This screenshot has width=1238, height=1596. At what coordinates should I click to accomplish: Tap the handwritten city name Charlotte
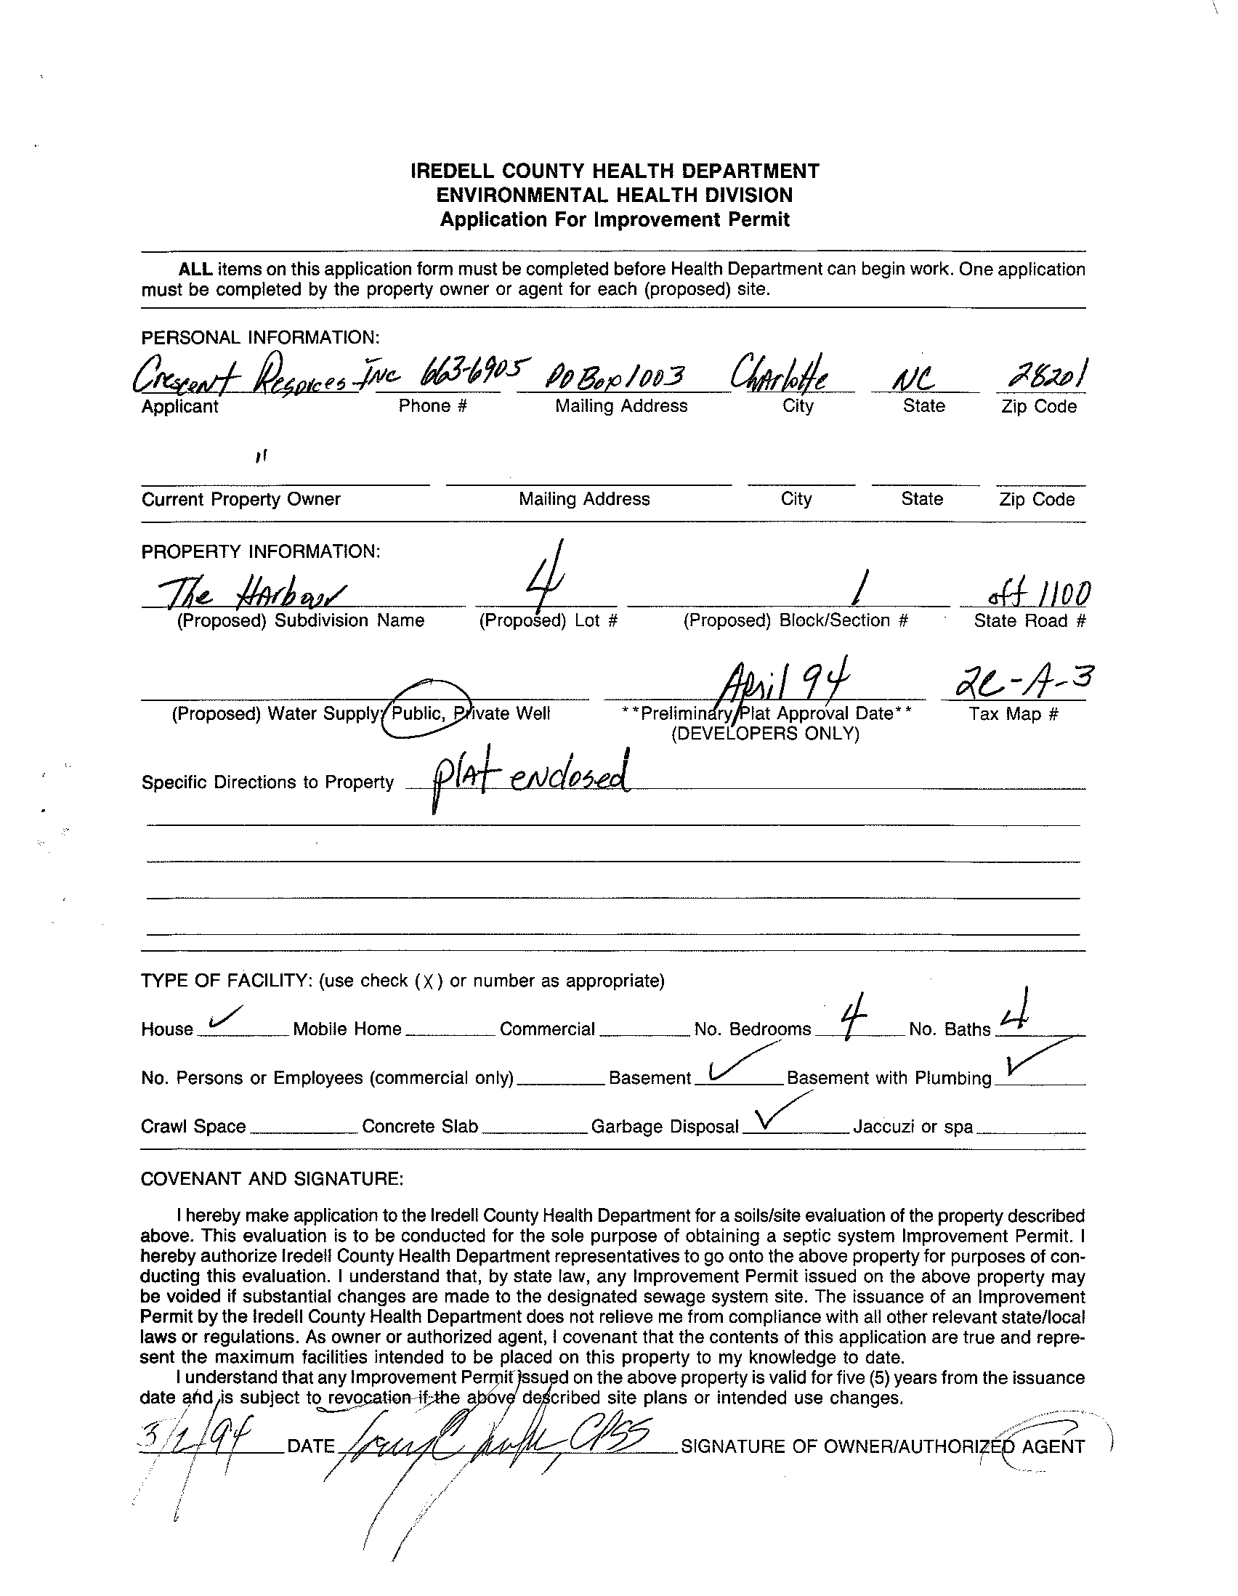[x=782, y=376]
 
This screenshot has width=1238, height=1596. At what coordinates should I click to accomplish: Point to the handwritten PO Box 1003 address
[x=616, y=377]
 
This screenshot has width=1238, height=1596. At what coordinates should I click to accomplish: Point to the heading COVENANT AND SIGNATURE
[x=271, y=1180]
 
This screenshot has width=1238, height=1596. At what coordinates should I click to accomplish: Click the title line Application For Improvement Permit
[x=615, y=220]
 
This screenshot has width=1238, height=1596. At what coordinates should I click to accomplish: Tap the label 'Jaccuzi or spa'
[x=912, y=1127]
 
